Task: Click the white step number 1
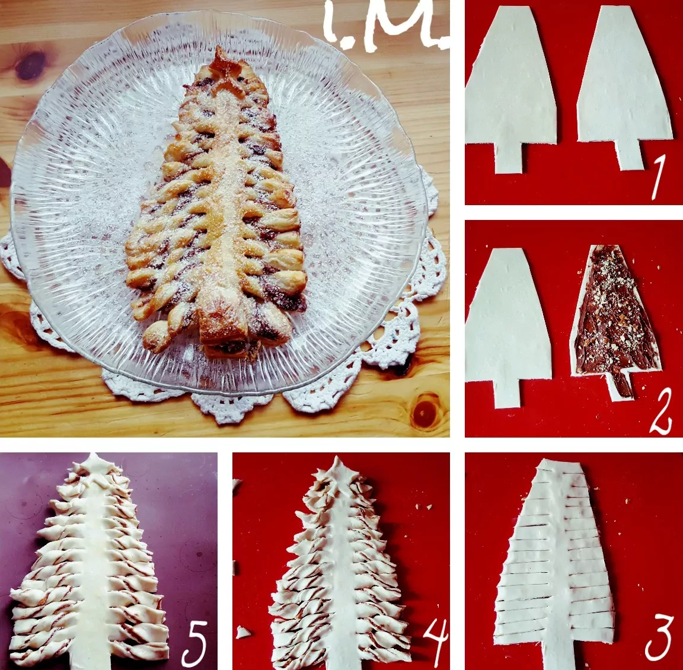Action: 658,178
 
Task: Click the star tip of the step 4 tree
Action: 337,473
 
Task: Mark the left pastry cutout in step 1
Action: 510,87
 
